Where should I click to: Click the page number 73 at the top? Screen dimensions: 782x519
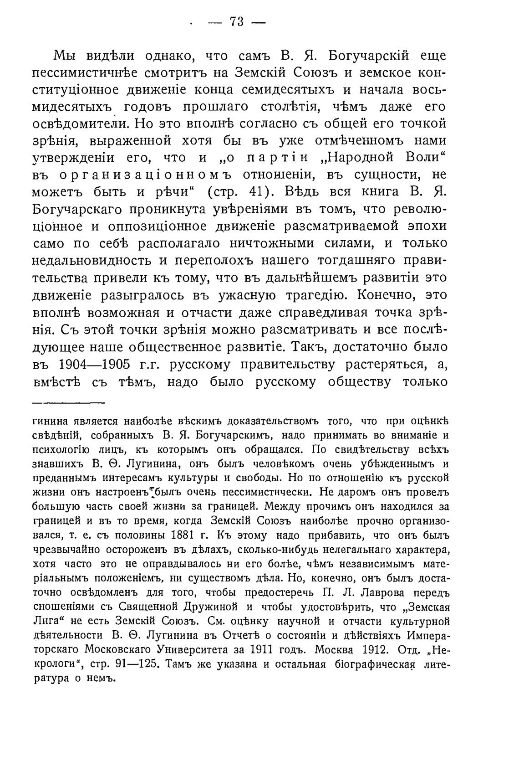pyautogui.click(x=237, y=21)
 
